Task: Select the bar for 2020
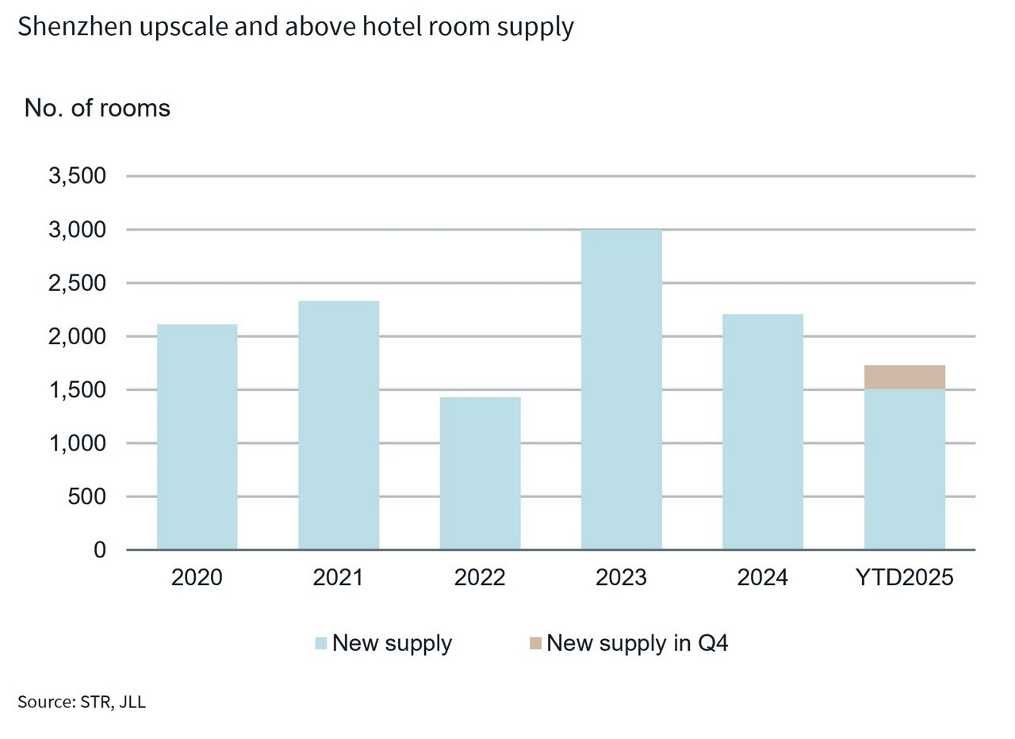coord(197,437)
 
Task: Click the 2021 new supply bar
coord(339,425)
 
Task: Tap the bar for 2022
coord(480,473)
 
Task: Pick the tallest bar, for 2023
coord(621,389)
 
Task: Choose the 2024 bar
coord(763,432)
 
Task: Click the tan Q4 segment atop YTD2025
coord(904,377)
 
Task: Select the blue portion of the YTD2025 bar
coord(904,469)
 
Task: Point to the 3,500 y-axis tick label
coord(78,176)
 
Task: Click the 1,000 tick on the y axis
coord(78,443)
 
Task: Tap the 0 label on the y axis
coord(100,550)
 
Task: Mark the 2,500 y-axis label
coord(78,283)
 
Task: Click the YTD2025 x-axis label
coord(904,577)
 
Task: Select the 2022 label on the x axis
coord(480,577)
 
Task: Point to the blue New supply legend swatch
coord(320,643)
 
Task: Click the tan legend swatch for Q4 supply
coord(535,643)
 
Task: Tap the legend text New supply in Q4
coord(637,643)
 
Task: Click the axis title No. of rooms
coord(98,108)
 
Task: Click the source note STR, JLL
coord(82,702)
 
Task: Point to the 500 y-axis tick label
coord(88,497)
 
